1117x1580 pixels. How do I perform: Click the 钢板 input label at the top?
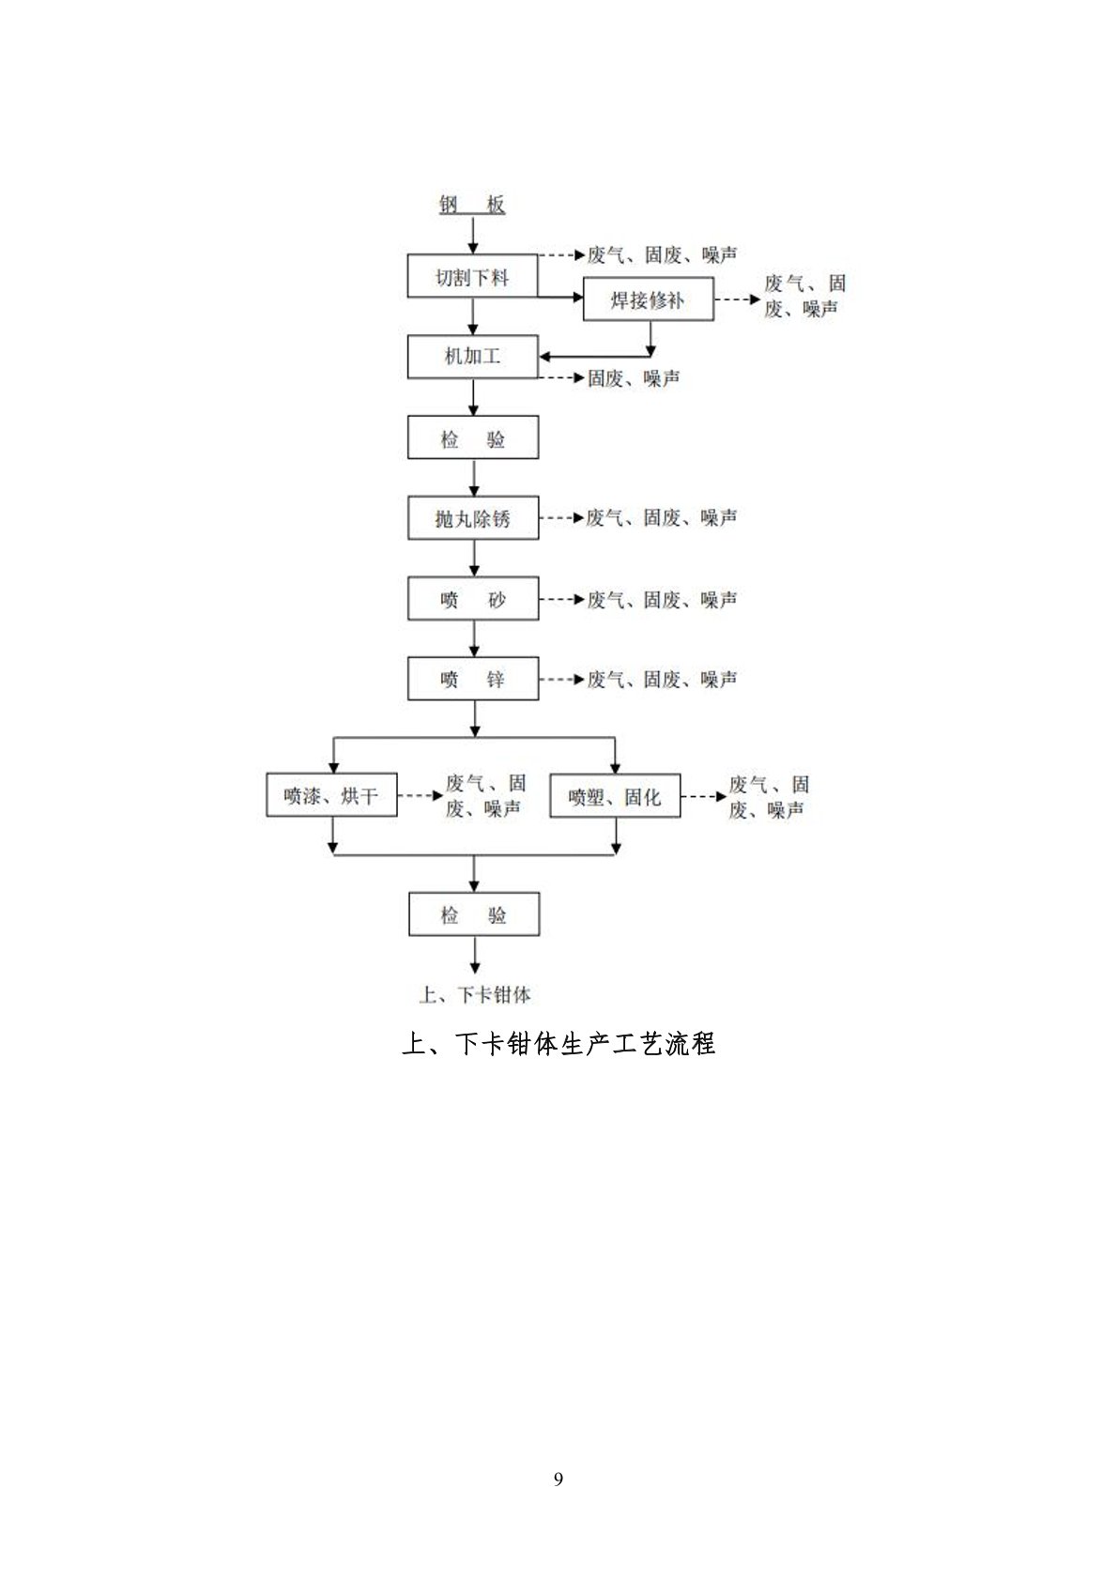pyautogui.click(x=472, y=205)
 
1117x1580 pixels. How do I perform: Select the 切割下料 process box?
pyautogui.click(x=472, y=276)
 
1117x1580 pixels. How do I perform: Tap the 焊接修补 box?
pyautogui.click(x=648, y=299)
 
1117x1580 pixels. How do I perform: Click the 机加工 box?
pyautogui.click(x=472, y=356)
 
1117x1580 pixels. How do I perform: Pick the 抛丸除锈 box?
pyautogui.click(x=473, y=517)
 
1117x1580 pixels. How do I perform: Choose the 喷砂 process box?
pyautogui.click(x=473, y=599)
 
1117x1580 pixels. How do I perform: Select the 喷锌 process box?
pyautogui.click(x=473, y=679)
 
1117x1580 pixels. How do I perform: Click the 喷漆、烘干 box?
pyautogui.click(x=331, y=795)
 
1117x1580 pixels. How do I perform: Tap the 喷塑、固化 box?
pyautogui.click(x=615, y=796)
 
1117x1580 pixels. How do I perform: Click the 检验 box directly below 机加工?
pyautogui.click(x=473, y=437)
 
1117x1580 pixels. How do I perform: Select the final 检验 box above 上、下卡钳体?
pyautogui.click(x=474, y=914)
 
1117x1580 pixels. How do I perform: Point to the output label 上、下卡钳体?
pyautogui.click(x=475, y=994)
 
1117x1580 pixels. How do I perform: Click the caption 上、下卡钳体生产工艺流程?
pyautogui.click(x=558, y=1043)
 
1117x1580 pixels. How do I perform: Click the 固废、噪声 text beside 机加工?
pyautogui.click(x=634, y=378)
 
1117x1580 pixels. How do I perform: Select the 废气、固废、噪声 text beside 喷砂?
pyautogui.click(x=662, y=600)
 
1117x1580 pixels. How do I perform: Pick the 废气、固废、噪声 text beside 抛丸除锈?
pyautogui.click(x=662, y=517)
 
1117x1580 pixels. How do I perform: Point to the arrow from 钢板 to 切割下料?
pyautogui.click(x=472, y=236)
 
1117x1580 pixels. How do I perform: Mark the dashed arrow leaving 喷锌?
pyautogui.click(x=563, y=680)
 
